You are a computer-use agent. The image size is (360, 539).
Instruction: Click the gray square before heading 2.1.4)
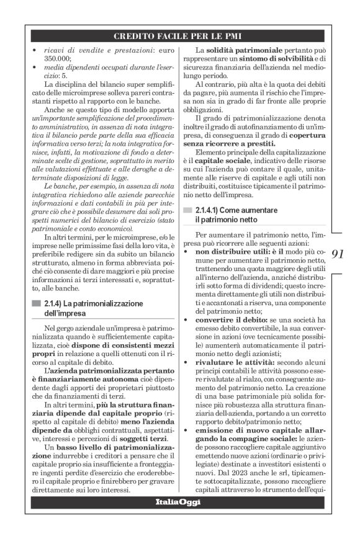pos(34,303)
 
